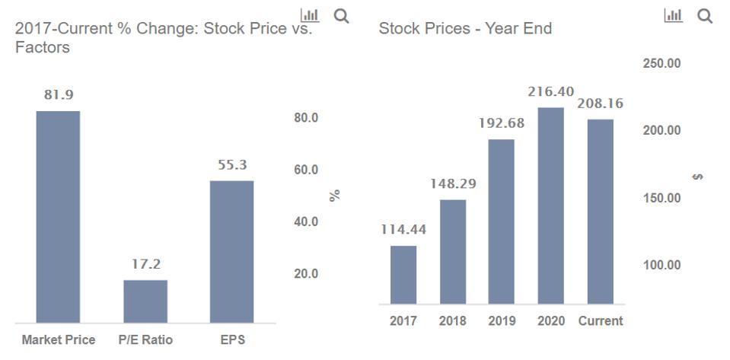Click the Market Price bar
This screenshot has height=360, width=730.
click(x=58, y=217)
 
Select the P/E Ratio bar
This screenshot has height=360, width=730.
click(x=145, y=301)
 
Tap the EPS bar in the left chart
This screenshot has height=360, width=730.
click(x=232, y=251)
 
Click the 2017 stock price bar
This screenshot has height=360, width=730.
click(x=403, y=275)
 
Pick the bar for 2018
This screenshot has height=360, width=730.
click(x=452, y=252)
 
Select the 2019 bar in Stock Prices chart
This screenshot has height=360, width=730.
click(x=502, y=221)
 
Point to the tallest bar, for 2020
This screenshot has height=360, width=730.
click(x=551, y=205)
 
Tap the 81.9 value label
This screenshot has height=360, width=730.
click(x=58, y=95)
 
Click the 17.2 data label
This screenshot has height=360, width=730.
click(x=145, y=264)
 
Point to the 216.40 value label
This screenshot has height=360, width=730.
click(x=551, y=91)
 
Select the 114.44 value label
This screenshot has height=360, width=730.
click(x=403, y=229)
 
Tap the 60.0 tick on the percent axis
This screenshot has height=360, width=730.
click(x=306, y=170)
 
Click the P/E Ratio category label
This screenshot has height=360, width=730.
click(x=145, y=340)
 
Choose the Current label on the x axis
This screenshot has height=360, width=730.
click(x=600, y=321)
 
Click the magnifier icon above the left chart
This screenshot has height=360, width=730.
click(x=342, y=16)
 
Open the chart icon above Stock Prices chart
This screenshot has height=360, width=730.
click(x=674, y=16)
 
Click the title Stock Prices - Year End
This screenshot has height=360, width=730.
click(x=465, y=29)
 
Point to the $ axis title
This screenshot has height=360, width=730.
click(x=698, y=177)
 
